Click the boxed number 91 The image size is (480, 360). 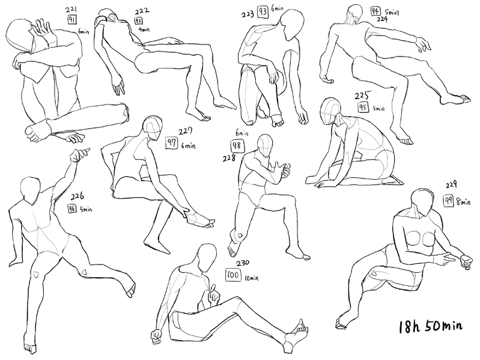click(x=72, y=20)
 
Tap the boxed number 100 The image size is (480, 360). click(x=233, y=275)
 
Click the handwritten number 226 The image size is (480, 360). click(x=77, y=196)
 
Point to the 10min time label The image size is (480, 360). click(x=251, y=278)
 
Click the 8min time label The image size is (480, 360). click(x=463, y=202)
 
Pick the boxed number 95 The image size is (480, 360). click(x=363, y=108)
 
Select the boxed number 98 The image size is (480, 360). click(x=237, y=146)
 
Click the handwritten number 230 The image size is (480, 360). click(x=243, y=263)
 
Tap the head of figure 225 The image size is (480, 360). click(x=330, y=111)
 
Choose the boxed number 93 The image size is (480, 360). click(x=263, y=13)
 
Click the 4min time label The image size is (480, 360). click(x=144, y=29)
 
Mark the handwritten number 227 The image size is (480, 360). click(x=186, y=132)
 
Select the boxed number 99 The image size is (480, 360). click(x=448, y=201)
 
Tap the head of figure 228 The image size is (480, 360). click(x=265, y=145)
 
